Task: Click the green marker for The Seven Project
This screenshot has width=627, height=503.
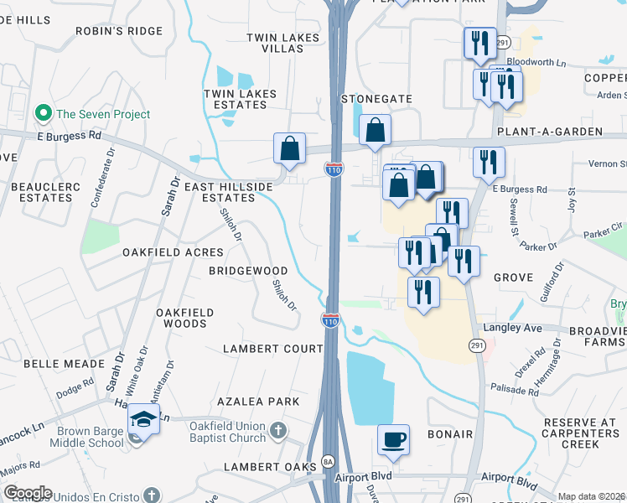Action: tap(41, 114)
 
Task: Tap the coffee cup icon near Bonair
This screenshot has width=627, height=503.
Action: tap(393, 440)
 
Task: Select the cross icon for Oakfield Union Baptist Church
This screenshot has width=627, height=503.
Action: tap(279, 433)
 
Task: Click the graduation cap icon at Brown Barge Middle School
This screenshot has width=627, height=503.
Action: tap(144, 420)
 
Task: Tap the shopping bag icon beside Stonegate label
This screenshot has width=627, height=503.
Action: tap(375, 130)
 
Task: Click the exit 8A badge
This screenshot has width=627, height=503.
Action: tap(329, 463)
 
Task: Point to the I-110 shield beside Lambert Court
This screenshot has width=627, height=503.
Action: tap(331, 319)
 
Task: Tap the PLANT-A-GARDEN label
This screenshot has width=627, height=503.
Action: tap(549, 132)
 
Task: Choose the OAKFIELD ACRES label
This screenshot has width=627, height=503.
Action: tap(173, 252)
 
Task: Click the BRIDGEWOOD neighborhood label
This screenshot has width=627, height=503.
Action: tap(248, 272)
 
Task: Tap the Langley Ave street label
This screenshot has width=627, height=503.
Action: tap(521, 329)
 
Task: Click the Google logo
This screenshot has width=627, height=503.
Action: tap(28, 493)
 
